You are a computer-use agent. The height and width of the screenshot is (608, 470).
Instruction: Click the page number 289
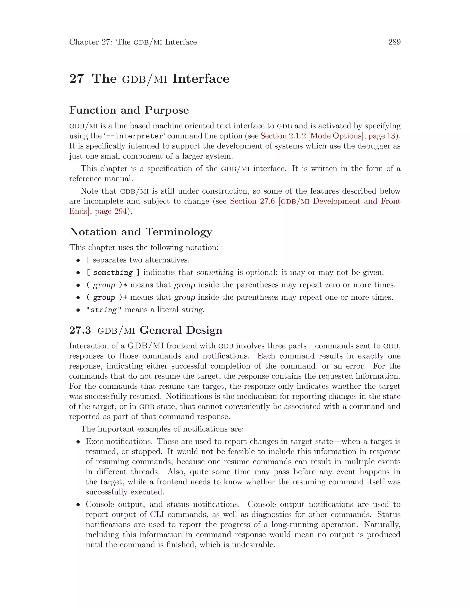point(394,42)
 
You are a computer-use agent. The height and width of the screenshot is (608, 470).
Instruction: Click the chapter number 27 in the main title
point(76,79)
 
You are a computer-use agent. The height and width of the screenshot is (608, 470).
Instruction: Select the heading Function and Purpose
point(129,110)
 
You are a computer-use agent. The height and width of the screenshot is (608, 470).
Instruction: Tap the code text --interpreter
point(139,136)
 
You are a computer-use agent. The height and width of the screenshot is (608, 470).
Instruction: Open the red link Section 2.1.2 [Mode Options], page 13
point(327,136)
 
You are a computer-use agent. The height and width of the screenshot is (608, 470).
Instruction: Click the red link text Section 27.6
point(252,201)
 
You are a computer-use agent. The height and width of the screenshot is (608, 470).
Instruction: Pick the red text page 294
point(111,211)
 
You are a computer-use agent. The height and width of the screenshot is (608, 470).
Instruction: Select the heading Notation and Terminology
point(141,232)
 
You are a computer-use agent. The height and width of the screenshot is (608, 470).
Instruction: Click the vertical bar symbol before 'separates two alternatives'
point(88,260)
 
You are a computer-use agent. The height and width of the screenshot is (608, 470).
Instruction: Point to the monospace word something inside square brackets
point(113,273)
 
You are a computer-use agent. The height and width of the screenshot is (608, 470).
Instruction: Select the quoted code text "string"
point(104,310)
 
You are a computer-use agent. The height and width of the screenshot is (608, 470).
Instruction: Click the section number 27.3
point(80,330)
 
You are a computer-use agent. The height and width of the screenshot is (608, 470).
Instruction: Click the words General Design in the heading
point(181,330)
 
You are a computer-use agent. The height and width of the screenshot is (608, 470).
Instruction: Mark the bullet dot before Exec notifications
point(78,442)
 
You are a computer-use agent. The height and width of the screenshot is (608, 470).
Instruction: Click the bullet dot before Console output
point(78,505)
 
